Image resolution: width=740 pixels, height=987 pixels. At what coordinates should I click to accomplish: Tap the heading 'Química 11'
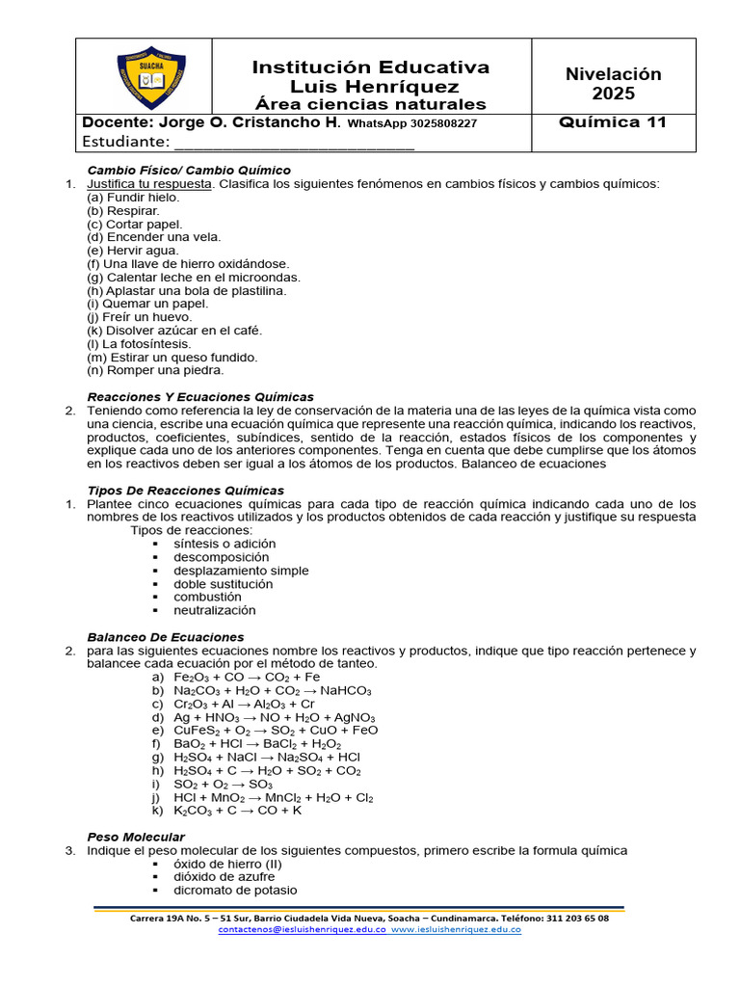pos(613,122)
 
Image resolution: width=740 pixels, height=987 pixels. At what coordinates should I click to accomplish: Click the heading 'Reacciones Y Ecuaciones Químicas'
pos(200,397)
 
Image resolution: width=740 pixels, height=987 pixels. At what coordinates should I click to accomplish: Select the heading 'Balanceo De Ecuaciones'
pos(166,637)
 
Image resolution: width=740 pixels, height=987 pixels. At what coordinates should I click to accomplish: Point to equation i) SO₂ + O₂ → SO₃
pos(224,785)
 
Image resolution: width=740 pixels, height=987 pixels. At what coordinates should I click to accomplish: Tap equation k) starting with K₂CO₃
pos(237,812)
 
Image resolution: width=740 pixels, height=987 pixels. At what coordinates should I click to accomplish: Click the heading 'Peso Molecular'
pos(136,837)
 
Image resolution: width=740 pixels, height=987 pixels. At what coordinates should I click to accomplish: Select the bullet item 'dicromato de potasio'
pos(235,891)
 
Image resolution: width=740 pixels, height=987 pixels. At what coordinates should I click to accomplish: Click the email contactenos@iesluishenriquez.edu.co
pos(303,930)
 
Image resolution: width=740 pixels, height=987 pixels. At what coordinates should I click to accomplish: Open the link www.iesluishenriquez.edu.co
pos(457,930)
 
